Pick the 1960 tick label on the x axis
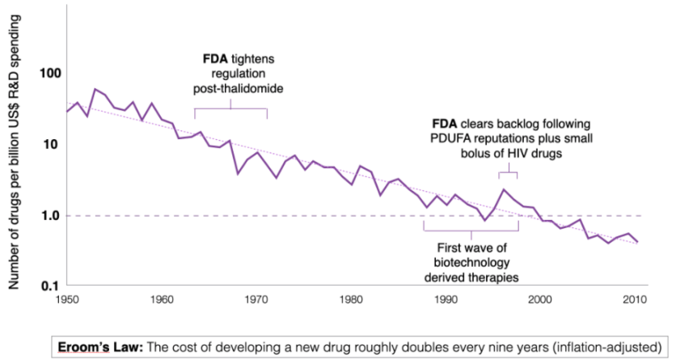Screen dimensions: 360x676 point(163,301)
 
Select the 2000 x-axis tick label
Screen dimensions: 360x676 point(539,301)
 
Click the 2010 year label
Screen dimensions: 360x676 point(634,301)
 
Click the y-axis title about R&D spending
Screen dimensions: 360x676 point(15,146)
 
